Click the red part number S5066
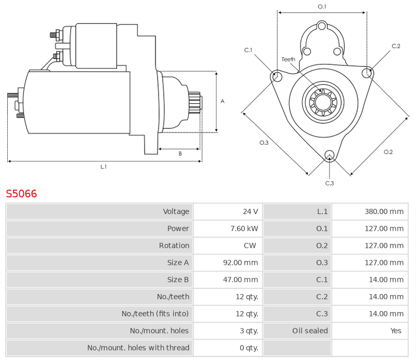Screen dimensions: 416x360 21,194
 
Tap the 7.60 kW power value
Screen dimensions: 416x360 244,229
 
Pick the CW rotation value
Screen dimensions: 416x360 250,246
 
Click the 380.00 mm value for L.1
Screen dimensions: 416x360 384,211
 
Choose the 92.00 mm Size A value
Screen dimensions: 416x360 240,262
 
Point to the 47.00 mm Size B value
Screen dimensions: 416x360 240,279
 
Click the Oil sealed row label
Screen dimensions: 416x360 310,330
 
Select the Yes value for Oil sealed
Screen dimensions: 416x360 396,330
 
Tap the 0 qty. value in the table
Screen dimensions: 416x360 249,348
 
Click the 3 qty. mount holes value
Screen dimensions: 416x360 249,330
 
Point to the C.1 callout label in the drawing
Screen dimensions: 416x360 249,50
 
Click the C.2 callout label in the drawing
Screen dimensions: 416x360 396,46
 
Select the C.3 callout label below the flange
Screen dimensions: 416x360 330,183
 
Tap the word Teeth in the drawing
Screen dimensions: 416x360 289,59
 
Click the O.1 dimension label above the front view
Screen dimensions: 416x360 322,7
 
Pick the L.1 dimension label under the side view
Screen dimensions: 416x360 103,167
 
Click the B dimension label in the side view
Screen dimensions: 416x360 180,153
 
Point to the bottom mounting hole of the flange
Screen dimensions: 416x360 330,155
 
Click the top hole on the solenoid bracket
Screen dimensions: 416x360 322,26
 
